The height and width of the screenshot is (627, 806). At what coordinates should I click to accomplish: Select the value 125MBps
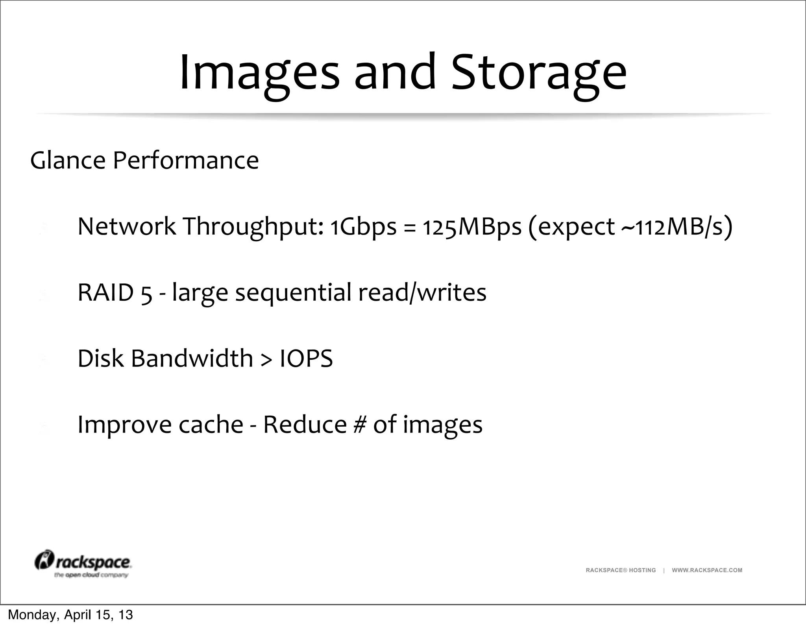(x=472, y=227)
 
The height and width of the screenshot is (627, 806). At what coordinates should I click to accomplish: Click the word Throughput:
(x=253, y=227)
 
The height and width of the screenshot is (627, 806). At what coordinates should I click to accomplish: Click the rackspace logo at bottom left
(x=83, y=564)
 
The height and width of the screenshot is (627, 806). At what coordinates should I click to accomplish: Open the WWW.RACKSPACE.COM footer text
(x=707, y=570)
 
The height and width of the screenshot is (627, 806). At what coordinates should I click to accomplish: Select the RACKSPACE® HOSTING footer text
(x=621, y=570)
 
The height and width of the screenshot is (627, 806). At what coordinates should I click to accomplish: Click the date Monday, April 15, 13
(x=70, y=615)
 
